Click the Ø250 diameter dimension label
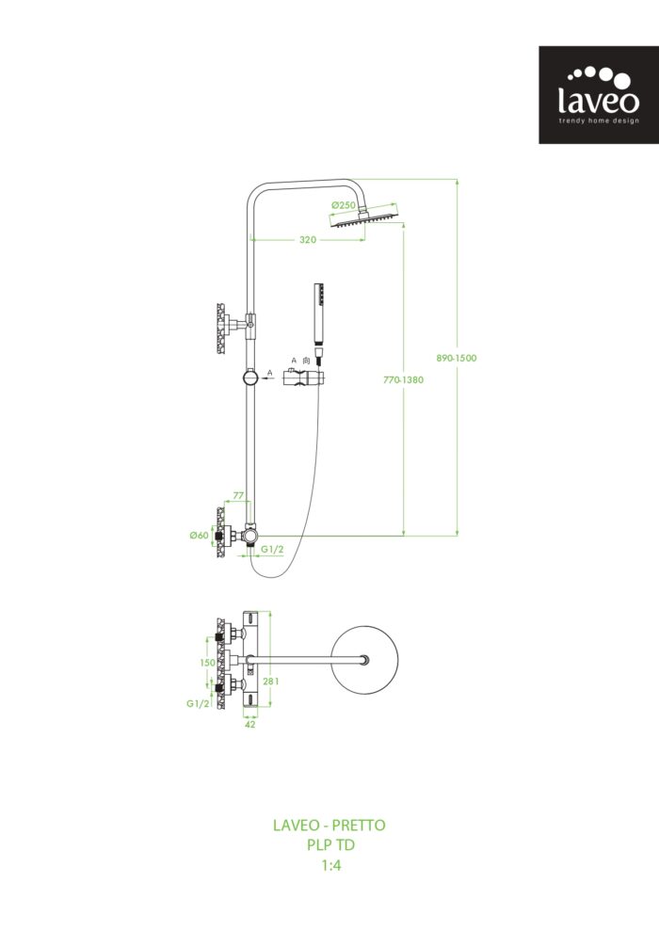tap(343, 205)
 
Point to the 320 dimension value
tap(308, 240)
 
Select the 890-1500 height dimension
tap(458, 358)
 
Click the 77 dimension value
tap(238, 495)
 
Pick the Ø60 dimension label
tap(199, 535)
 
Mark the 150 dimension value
tap(206, 663)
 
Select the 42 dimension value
tap(249, 725)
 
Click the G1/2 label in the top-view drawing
tap(197, 703)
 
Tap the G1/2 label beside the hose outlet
tap(272, 549)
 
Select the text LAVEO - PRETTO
tap(329, 826)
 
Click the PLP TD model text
tap(329, 845)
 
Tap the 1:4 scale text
tap(329, 865)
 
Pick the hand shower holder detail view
tap(305, 378)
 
